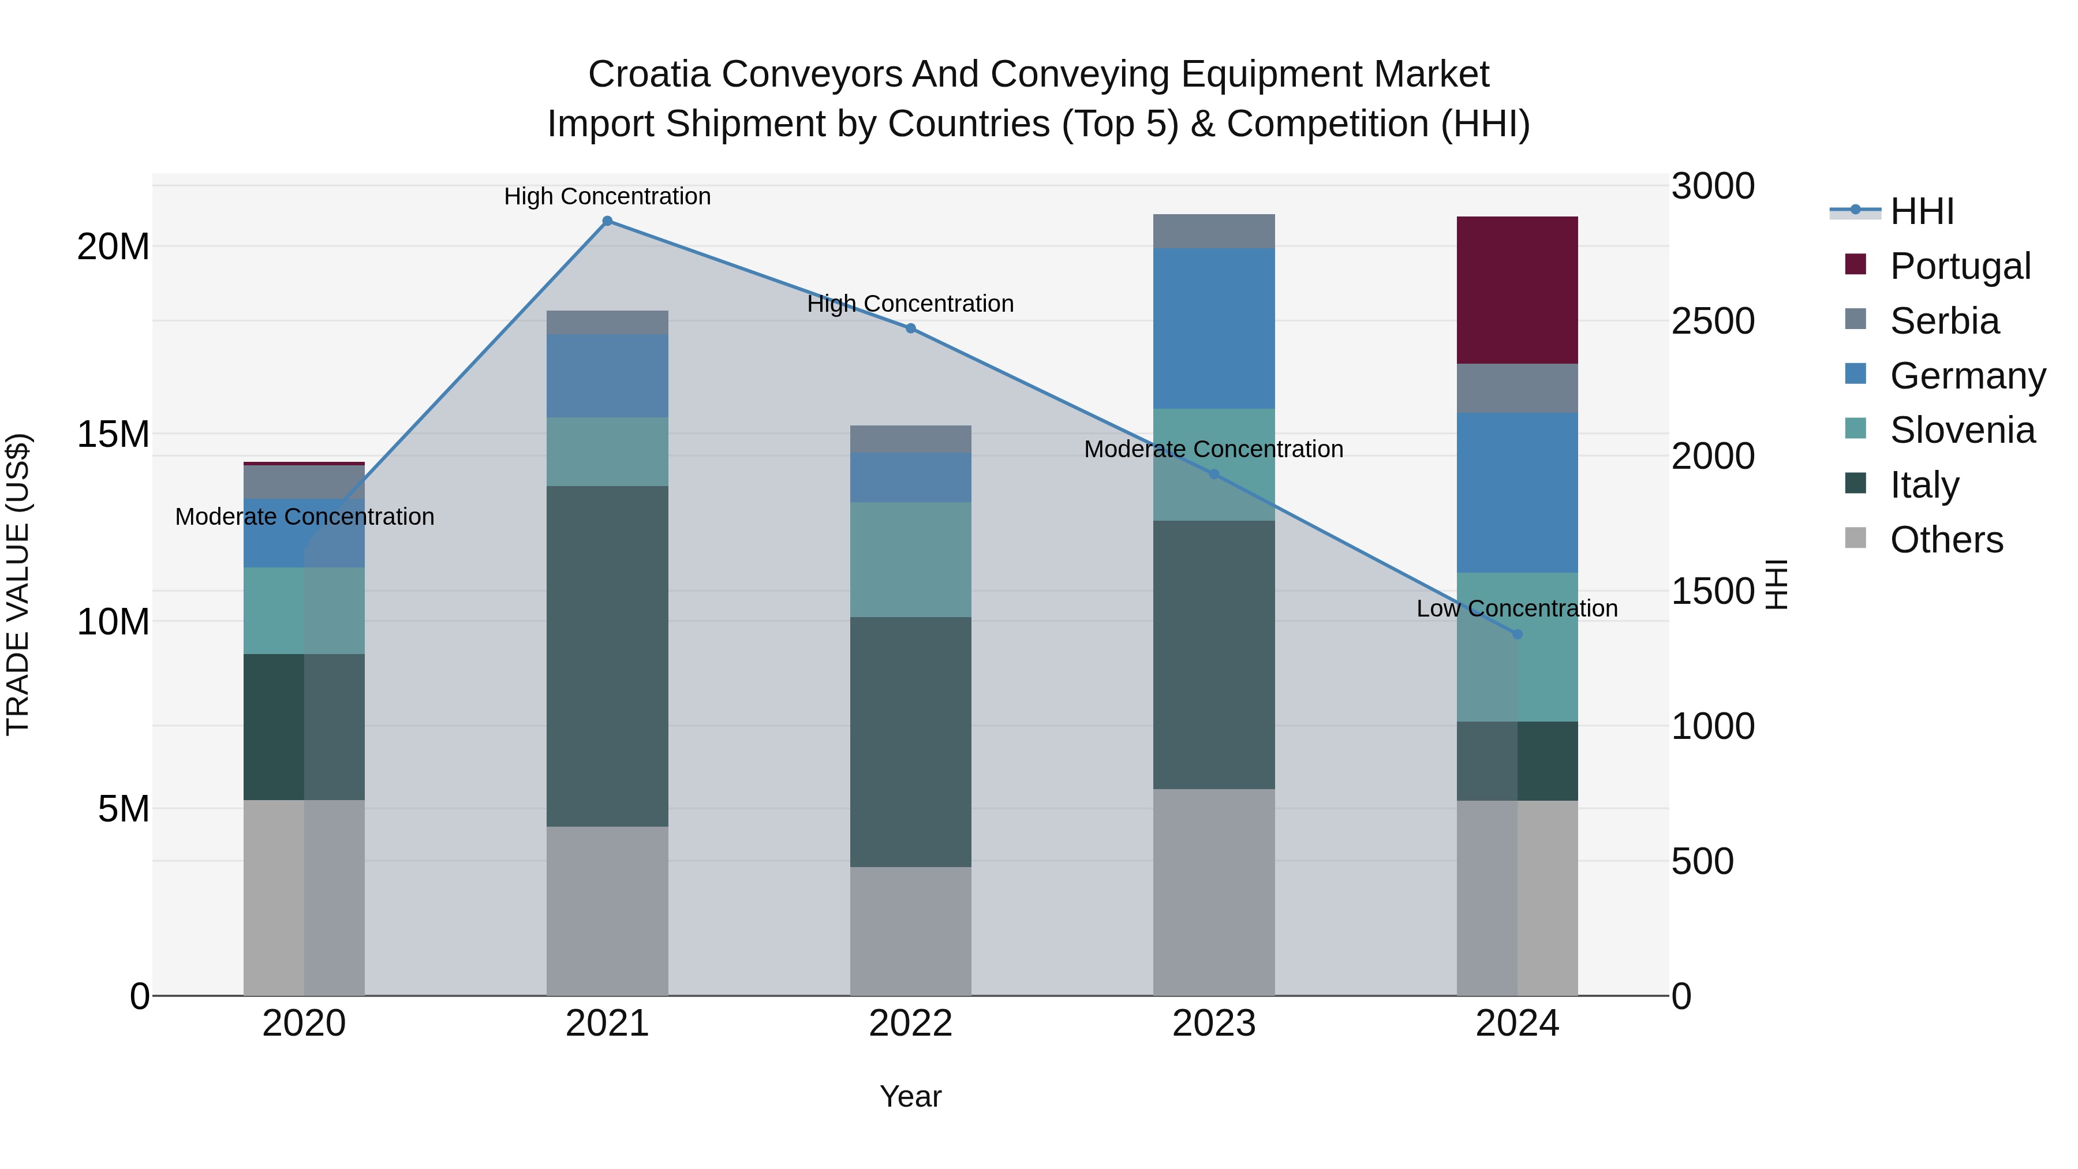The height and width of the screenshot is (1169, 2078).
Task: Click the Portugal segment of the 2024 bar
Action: click(x=1516, y=290)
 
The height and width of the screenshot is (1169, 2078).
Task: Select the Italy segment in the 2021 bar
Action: click(x=607, y=655)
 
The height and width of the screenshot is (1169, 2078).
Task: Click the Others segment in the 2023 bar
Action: click(x=1213, y=891)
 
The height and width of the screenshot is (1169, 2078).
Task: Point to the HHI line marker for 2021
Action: click(x=607, y=221)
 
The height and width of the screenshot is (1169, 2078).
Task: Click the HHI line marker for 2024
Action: click(x=1516, y=634)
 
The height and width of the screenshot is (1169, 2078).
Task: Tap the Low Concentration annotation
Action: click(x=1516, y=608)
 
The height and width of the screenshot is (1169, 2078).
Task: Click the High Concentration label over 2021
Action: click(x=607, y=196)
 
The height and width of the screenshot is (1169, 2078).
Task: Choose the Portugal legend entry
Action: click(x=1960, y=266)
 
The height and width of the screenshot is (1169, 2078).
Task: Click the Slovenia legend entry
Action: click(x=1962, y=430)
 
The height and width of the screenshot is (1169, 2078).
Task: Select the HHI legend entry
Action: click(x=1922, y=211)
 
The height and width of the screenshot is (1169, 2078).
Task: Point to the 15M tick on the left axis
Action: click(x=113, y=434)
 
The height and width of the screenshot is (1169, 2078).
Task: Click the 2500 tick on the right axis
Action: click(x=1713, y=321)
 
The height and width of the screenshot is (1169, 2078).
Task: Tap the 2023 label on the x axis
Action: click(x=1213, y=1024)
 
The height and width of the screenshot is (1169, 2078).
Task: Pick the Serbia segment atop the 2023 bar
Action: click(x=1213, y=231)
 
